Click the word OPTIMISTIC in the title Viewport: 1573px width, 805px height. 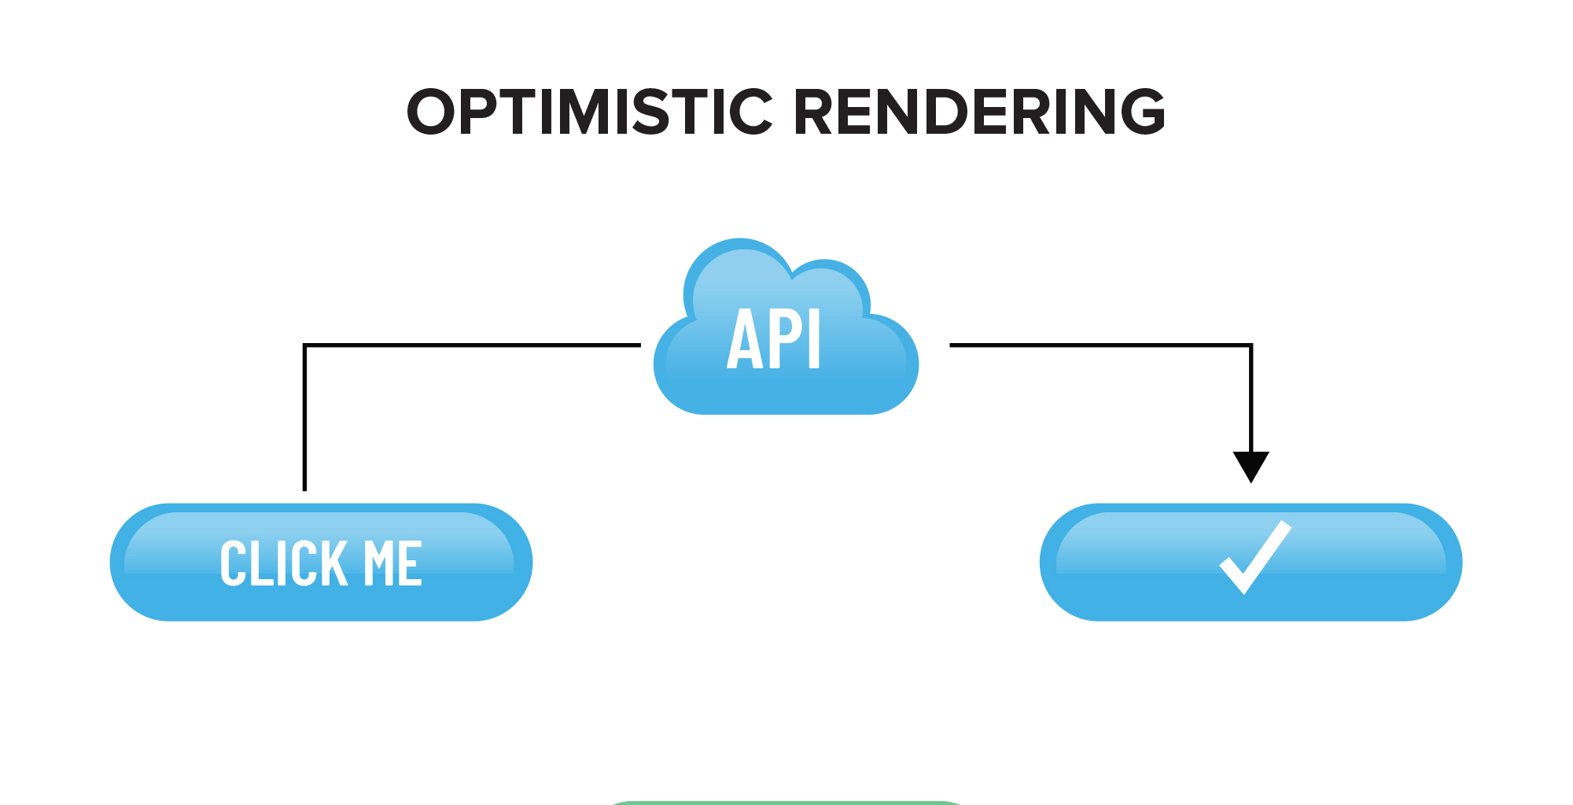[590, 112]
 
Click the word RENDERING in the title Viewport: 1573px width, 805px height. [979, 112]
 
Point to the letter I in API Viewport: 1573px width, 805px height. [816, 340]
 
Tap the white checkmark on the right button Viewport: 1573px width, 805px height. [1254, 557]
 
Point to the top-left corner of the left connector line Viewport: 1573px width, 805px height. [305, 345]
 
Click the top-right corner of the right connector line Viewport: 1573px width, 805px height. [1251, 345]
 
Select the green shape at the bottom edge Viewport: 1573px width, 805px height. [786, 802]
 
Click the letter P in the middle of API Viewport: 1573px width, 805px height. [782, 340]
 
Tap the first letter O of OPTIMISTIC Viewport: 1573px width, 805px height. [431, 112]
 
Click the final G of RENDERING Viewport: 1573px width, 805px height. [1139, 112]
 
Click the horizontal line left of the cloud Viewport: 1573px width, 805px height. [472, 345]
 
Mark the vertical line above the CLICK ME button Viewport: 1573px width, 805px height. [305, 417]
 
